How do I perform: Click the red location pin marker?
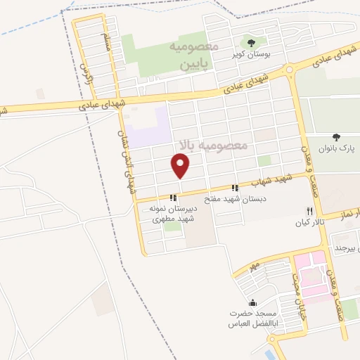point(181,166)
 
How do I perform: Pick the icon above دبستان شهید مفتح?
point(235,188)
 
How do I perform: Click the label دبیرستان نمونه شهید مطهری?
point(172,214)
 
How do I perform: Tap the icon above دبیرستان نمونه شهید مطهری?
point(173,198)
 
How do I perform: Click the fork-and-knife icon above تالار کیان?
point(309,211)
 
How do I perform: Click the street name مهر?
point(254,266)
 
